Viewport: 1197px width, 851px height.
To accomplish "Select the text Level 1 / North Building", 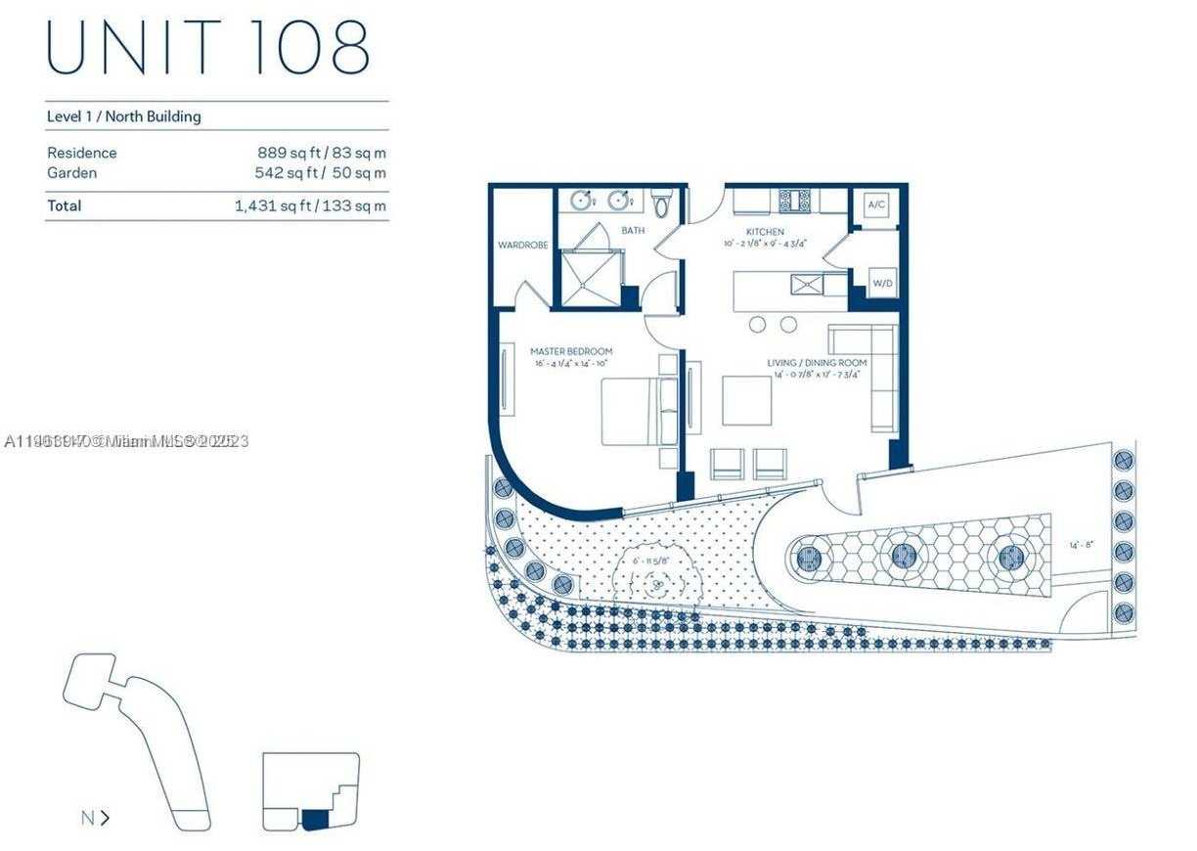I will pos(124,116).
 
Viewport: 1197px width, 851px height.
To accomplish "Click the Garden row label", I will pos(72,173).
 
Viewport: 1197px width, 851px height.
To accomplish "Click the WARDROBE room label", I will pos(520,246).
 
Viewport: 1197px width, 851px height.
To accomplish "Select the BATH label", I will pos(633,231).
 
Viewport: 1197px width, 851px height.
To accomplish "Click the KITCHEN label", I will pos(765,232).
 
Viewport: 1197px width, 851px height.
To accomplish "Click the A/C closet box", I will pos(875,205).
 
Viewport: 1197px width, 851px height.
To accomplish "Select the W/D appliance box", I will pos(883,283).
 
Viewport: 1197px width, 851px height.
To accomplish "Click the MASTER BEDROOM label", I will pos(571,351).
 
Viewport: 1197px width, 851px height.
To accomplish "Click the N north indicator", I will pos(94,818).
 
